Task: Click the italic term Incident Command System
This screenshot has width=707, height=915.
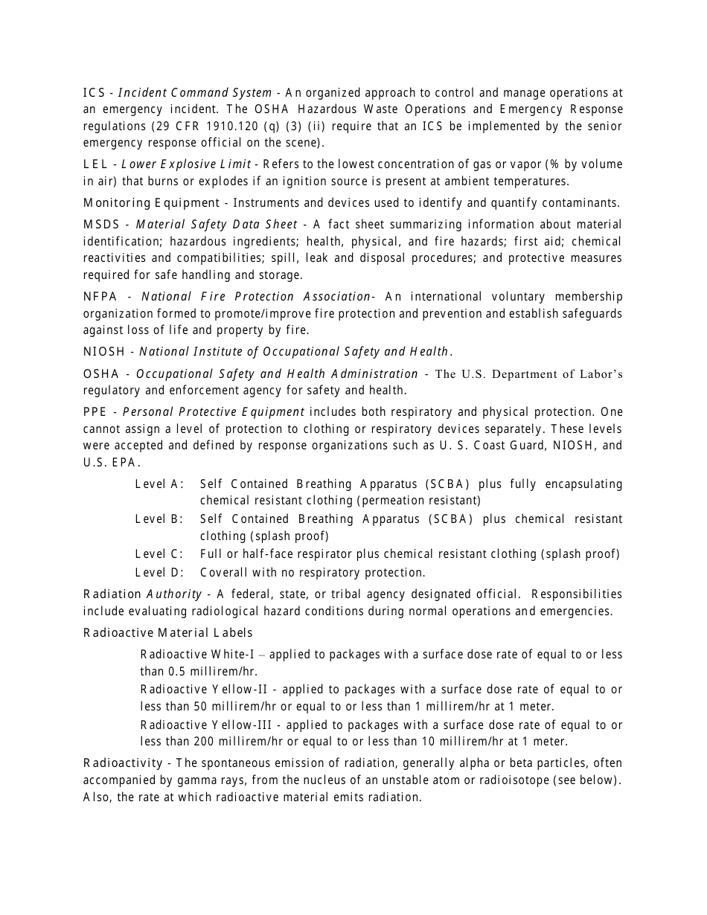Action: [195, 93]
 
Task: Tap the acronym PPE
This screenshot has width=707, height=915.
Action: [95, 412]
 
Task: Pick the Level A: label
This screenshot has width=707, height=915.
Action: [159, 484]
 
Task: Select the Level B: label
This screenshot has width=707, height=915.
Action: [159, 519]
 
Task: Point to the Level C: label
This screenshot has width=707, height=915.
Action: [159, 554]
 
